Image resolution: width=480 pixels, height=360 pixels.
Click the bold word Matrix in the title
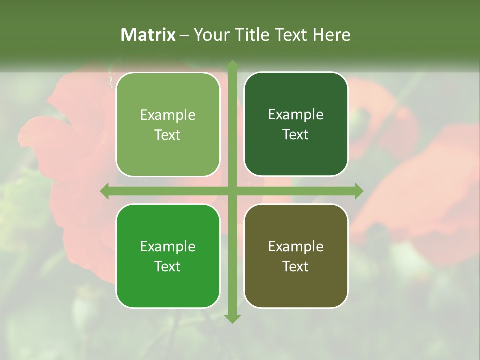[148, 35]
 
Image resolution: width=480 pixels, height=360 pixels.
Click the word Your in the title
[209, 35]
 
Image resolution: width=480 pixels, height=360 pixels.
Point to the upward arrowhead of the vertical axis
[232, 64]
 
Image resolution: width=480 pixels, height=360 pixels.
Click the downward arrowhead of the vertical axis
[232, 318]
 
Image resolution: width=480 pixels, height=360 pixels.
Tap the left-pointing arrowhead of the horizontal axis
[105, 191]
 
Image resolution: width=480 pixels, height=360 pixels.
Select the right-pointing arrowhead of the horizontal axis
[359, 191]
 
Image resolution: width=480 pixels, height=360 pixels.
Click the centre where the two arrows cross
[232, 191]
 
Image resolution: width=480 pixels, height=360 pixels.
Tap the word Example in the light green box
[168, 115]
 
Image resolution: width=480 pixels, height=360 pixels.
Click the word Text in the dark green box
[296, 134]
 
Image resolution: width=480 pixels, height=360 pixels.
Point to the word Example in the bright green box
[168, 246]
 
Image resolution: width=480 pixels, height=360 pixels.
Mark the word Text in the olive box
[296, 266]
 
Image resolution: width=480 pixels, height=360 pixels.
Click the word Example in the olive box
[296, 246]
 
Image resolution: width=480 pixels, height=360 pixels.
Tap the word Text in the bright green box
[168, 266]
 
